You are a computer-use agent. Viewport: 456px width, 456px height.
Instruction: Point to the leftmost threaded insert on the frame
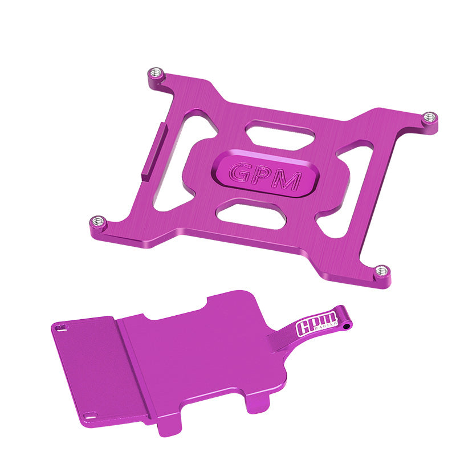(99, 221)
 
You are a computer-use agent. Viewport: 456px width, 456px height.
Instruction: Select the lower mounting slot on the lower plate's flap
(89, 415)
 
